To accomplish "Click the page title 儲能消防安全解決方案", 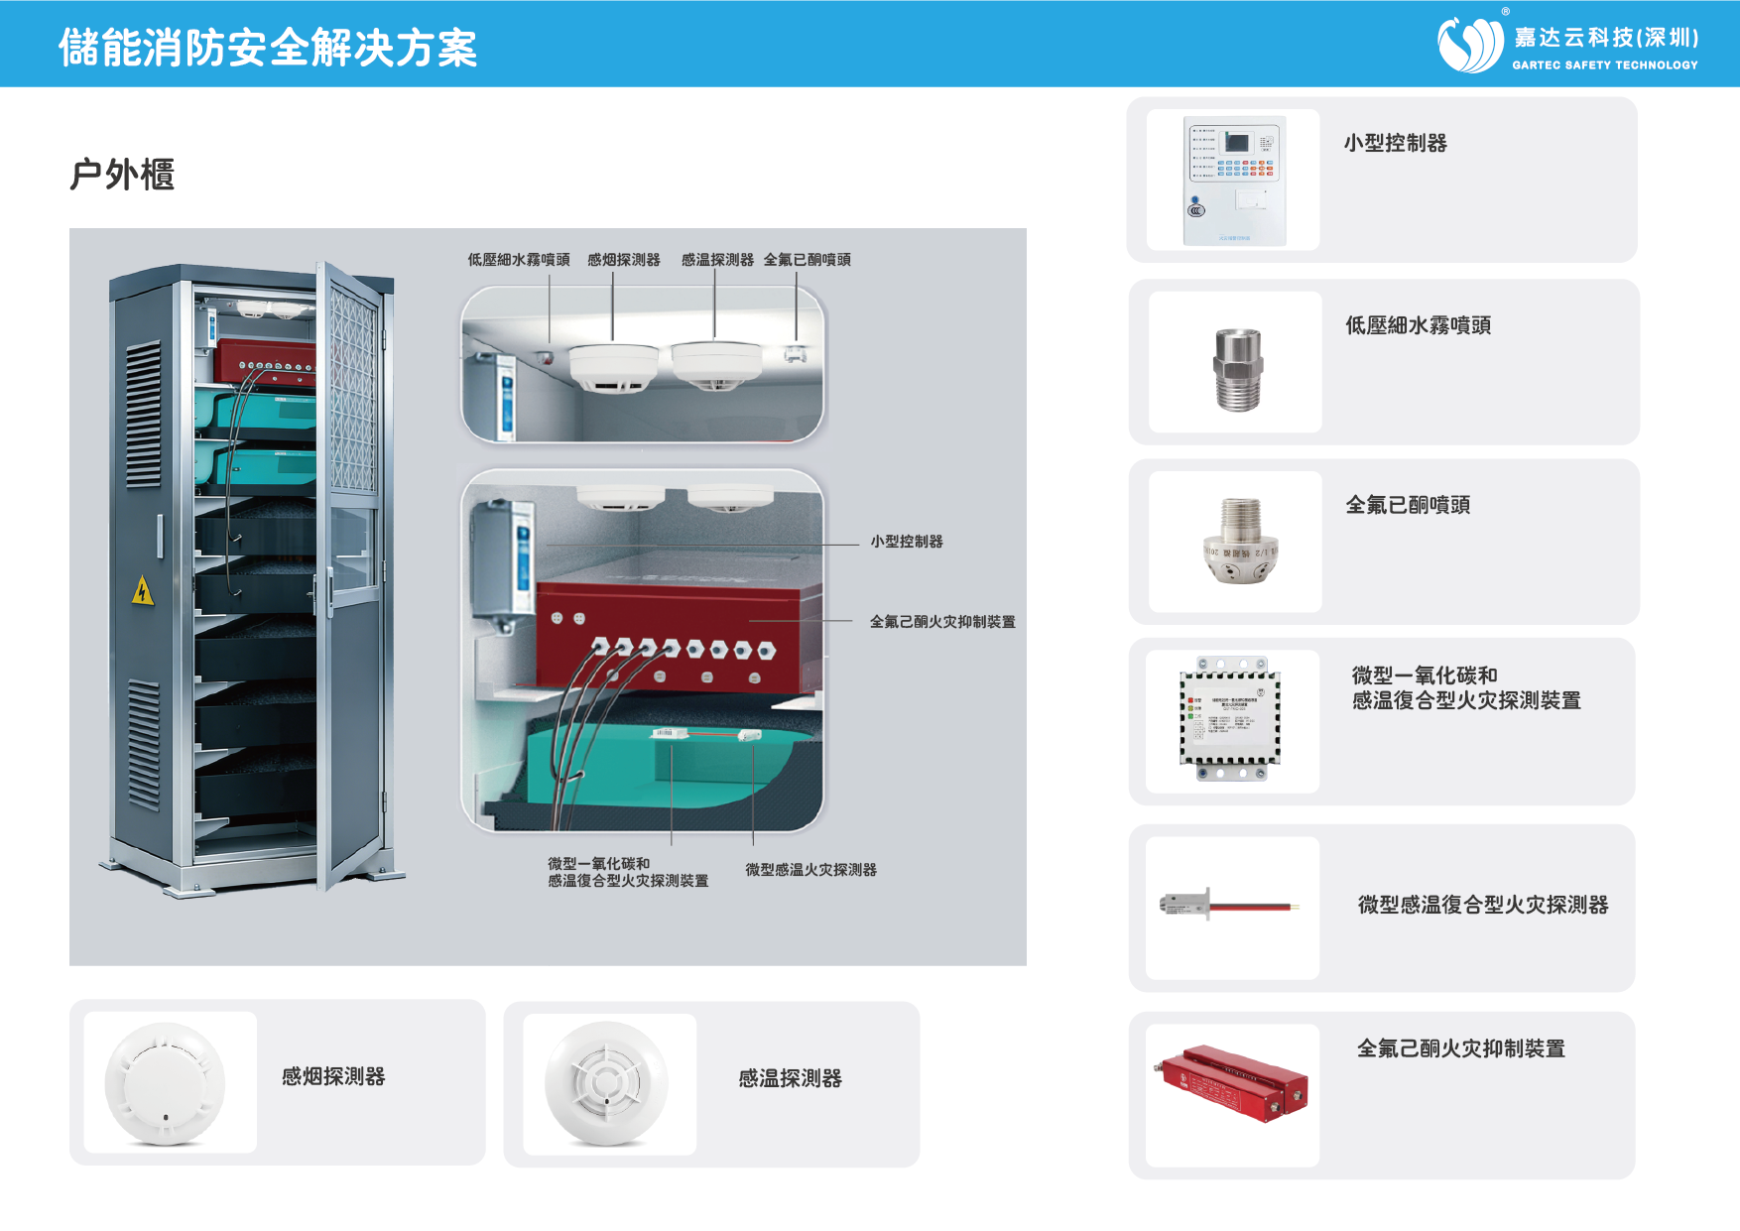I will pos(268,47).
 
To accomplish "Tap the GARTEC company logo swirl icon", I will pos(1471,45).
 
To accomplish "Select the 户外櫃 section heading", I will pos(122,175).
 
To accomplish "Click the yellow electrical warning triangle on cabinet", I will pos(143,591).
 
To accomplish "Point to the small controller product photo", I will pos(1234,180).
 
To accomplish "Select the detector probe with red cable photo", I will pos(1230,906).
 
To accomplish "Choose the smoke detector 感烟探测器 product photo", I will pos(166,1083).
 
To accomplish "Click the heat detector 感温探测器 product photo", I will pos(606,1083).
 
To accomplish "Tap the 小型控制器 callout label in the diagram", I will pos(907,542).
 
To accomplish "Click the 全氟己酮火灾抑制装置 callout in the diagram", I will pos(941,622).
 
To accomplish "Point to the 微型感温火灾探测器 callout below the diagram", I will pos(810,870).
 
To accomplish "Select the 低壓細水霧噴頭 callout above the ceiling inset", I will pos(519,260).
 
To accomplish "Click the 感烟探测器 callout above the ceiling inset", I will pos(623,260).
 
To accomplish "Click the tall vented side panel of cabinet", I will pos(144,575).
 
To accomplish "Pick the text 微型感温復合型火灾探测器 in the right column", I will pos(1482,905).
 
